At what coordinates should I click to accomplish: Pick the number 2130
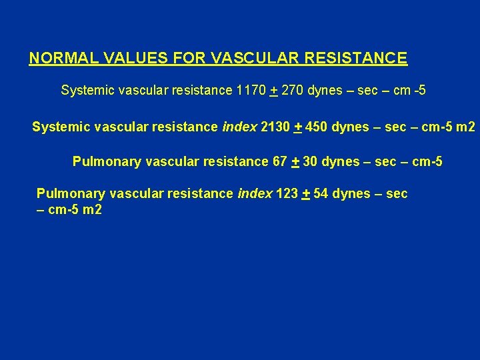coord(275,126)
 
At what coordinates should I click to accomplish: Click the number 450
coord(318,126)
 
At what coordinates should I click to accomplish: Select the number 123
coord(287,194)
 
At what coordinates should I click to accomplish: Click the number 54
coord(321,194)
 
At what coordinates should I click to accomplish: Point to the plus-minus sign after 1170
coord(273,91)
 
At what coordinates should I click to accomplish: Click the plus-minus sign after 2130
coord(298,126)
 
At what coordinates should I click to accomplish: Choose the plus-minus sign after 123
coord(305,194)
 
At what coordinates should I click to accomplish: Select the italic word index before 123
coord(255,194)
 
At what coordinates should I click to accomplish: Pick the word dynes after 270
coord(325,90)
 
